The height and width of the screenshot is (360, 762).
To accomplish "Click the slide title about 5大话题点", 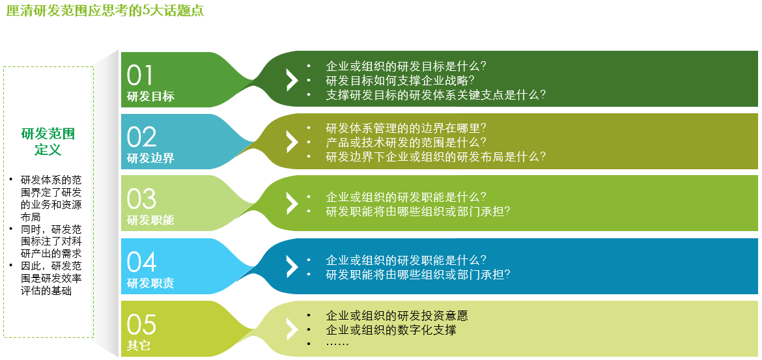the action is tap(105, 10).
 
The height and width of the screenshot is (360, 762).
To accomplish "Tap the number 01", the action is tap(140, 76).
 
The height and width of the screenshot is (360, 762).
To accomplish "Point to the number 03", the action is tap(141, 199).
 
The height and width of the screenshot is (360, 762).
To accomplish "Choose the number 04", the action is tap(141, 262).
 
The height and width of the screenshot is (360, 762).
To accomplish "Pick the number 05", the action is tap(141, 325).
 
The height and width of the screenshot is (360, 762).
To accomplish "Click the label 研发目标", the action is tap(150, 96).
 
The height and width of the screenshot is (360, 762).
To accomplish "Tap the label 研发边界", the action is tap(150, 158).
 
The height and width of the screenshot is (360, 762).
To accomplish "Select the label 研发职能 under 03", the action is tap(150, 220).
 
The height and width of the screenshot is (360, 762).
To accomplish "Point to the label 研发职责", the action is tap(150, 283).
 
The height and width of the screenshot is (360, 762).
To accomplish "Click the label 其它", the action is tap(139, 346).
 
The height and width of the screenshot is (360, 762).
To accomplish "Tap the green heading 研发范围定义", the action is tap(48, 141).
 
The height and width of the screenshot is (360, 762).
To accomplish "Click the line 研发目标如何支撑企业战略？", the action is tap(400, 80).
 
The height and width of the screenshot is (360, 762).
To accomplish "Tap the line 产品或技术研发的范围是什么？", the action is tap(406, 143).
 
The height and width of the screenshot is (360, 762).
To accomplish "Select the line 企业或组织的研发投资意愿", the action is tap(397, 316).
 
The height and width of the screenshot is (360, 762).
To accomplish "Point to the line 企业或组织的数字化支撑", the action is tap(391, 330).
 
